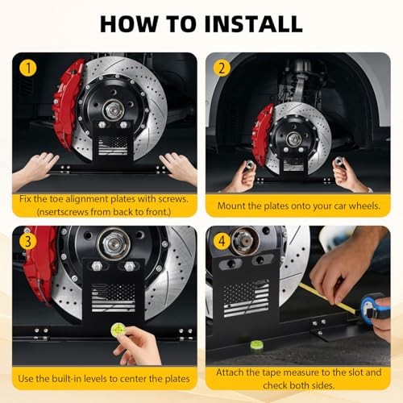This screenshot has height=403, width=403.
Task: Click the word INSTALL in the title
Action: click(253, 24)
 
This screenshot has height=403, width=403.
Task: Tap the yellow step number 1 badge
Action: click(28, 68)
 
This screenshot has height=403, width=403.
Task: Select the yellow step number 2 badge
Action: click(222, 68)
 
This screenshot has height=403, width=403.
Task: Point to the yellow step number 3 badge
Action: click(28, 241)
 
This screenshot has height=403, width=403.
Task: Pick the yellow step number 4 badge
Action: click(222, 241)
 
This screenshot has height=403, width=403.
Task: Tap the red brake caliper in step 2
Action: click(262, 135)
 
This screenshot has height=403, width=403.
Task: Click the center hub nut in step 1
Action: click(114, 110)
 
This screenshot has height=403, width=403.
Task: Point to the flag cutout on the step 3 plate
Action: click(114, 297)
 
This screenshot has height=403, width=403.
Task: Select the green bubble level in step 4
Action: click(256, 344)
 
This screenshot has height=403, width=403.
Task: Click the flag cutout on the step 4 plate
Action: click(246, 298)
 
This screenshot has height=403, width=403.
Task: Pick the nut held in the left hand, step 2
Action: click(249, 164)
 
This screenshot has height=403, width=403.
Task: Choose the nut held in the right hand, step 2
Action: click(338, 162)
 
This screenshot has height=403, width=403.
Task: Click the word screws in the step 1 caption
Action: click(172, 199)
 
